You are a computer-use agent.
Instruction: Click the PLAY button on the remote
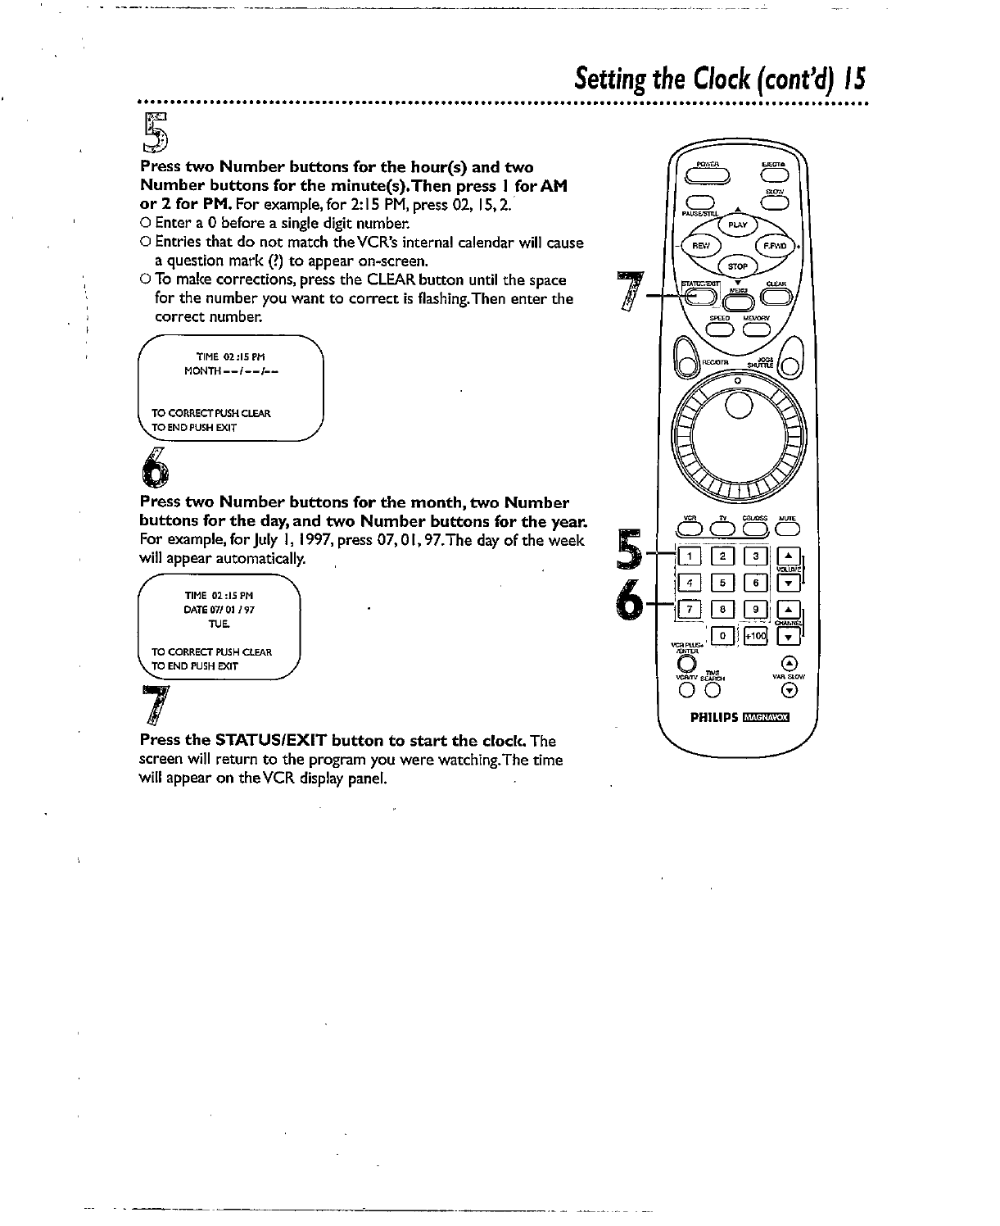(738, 225)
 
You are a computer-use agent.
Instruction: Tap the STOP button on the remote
(739, 266)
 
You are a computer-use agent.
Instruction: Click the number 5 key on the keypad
(724, 584)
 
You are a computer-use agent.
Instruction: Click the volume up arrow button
(788, 557)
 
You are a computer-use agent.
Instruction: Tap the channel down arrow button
(788, 636)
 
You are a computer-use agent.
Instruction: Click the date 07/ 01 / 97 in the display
(215, 610)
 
